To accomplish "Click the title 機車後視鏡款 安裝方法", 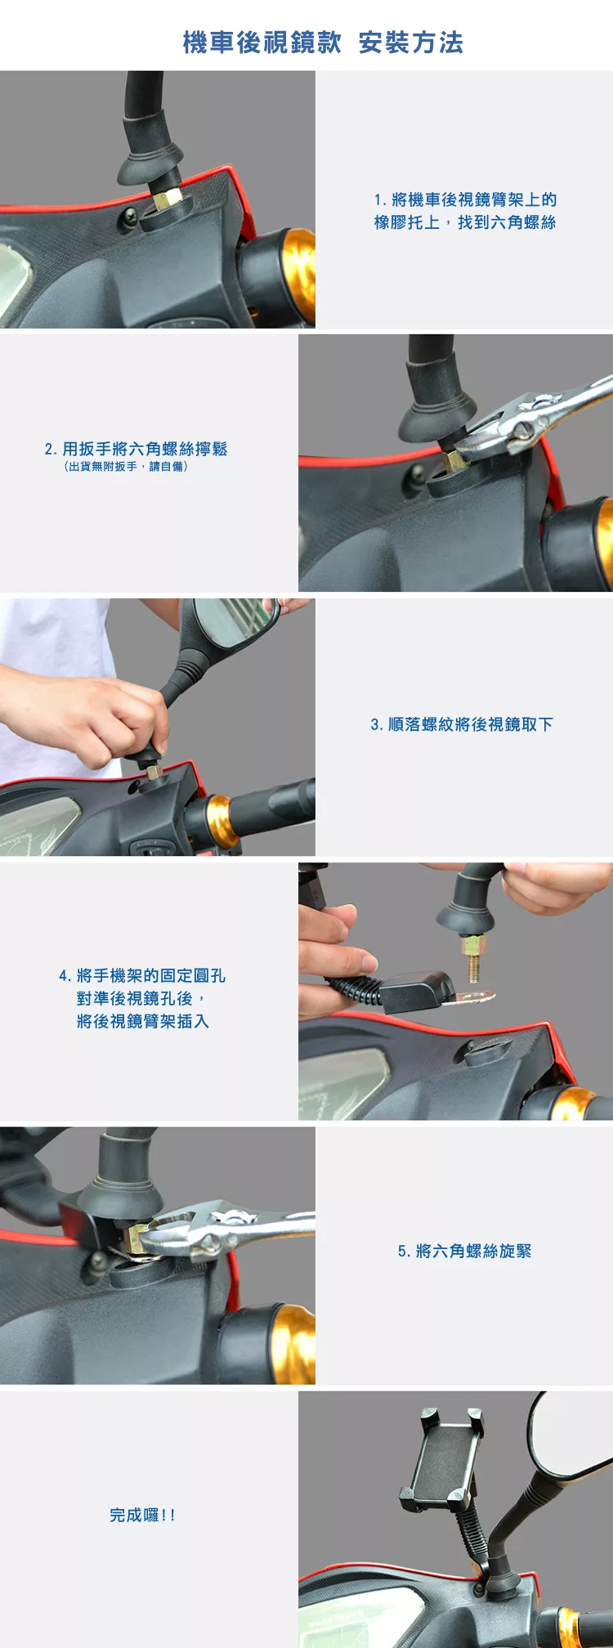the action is (x=323, y=43).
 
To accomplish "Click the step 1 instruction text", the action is (x=465, y=211).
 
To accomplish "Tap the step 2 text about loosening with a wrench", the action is (x=136, y=449).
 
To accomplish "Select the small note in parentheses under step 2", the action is (x=126, y=467).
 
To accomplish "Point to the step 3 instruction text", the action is (x=462, y=724).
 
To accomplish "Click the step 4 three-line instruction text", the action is (x=142, y=998).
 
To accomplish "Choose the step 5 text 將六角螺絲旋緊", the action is (x=464, y=1251).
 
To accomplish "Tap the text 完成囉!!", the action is (x=143, y=1515).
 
